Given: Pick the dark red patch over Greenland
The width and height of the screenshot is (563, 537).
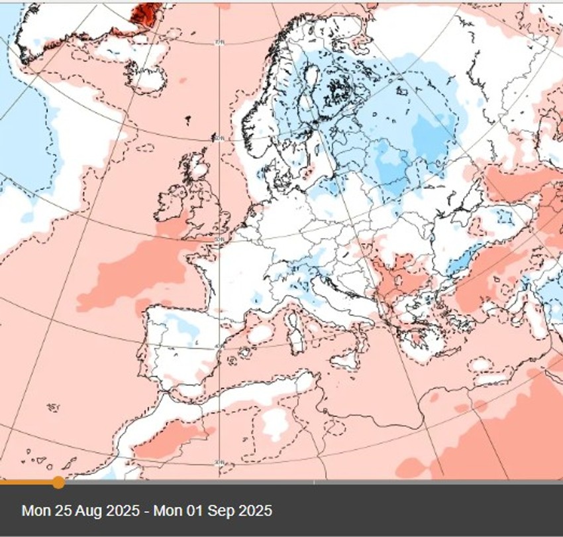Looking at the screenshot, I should pyautogui.click(x=146, y=13).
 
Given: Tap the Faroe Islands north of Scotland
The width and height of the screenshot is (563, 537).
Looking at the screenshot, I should pyautogui.click(x=188, y=120).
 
